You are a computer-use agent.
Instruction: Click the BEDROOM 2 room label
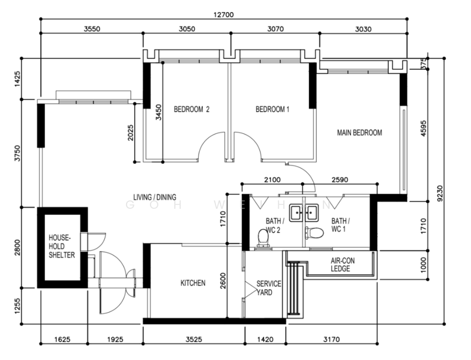click(191, 109)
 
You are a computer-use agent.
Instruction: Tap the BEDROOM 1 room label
click(272, 109)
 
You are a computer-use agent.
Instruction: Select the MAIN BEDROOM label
click(359, 133)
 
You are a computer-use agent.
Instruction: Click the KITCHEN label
click(193, 283)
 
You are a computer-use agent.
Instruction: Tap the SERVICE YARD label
click(265, 288)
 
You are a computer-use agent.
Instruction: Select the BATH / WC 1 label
click(340, 224)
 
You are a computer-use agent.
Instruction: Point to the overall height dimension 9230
click(440, 193)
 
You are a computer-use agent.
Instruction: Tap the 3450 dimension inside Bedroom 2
click(158, 112)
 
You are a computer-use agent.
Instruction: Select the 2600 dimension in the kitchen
click(223, 281)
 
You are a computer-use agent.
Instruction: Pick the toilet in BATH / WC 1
click(316, 232)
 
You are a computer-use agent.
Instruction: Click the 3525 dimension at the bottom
click(194, 340)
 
